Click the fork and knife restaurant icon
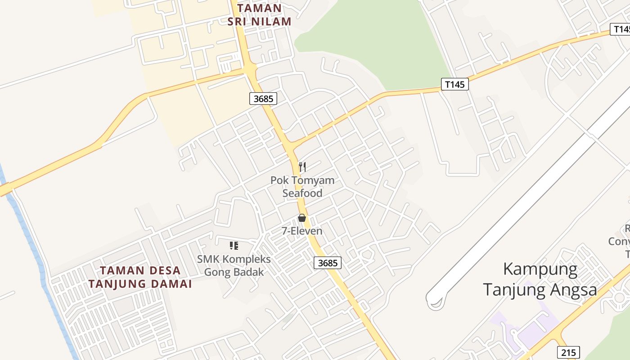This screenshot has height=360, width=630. [x=302, y=167]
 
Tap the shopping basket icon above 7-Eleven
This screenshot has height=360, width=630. [x=301, y=218]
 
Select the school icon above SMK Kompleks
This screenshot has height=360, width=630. [x=234, y=246]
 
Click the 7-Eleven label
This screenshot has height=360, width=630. [x=302, y=231]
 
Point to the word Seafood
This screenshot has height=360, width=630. [x=302, y=193]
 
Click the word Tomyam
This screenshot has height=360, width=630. [x=312, y=180]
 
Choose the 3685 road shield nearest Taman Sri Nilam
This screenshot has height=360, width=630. [x=263, y=99]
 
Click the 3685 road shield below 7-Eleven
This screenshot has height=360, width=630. [x=327, y=263]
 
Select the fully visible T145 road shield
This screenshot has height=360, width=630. [x=454, y=84]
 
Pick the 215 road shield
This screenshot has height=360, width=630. [x=568, y=352]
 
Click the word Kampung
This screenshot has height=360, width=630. [x=540, y=269]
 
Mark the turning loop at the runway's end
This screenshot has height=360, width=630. [x=435, y=301]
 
